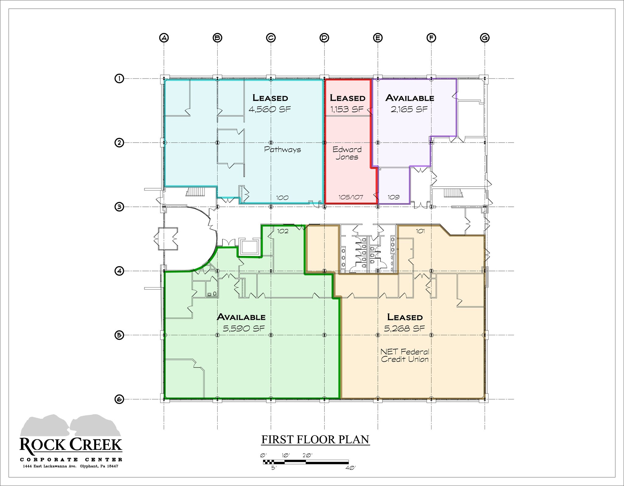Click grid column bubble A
(164, 38)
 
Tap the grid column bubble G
(484, 38)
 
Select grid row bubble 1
(119, 79)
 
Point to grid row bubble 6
(119, 399)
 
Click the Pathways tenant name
(282, 150)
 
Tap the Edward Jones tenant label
(347, 153)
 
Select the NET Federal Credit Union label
(405, 355)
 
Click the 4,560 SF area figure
(270, 109)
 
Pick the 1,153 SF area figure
(347, 109)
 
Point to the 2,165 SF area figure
(409, 109)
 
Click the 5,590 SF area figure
(244, 328)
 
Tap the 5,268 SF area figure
(405, 328)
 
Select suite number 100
(282, 198)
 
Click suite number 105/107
(351, 197)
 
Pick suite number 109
(393, 197)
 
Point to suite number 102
(283, 231)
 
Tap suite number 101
(420, 231)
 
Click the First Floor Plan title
(315, 440)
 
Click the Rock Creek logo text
(71, 445)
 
